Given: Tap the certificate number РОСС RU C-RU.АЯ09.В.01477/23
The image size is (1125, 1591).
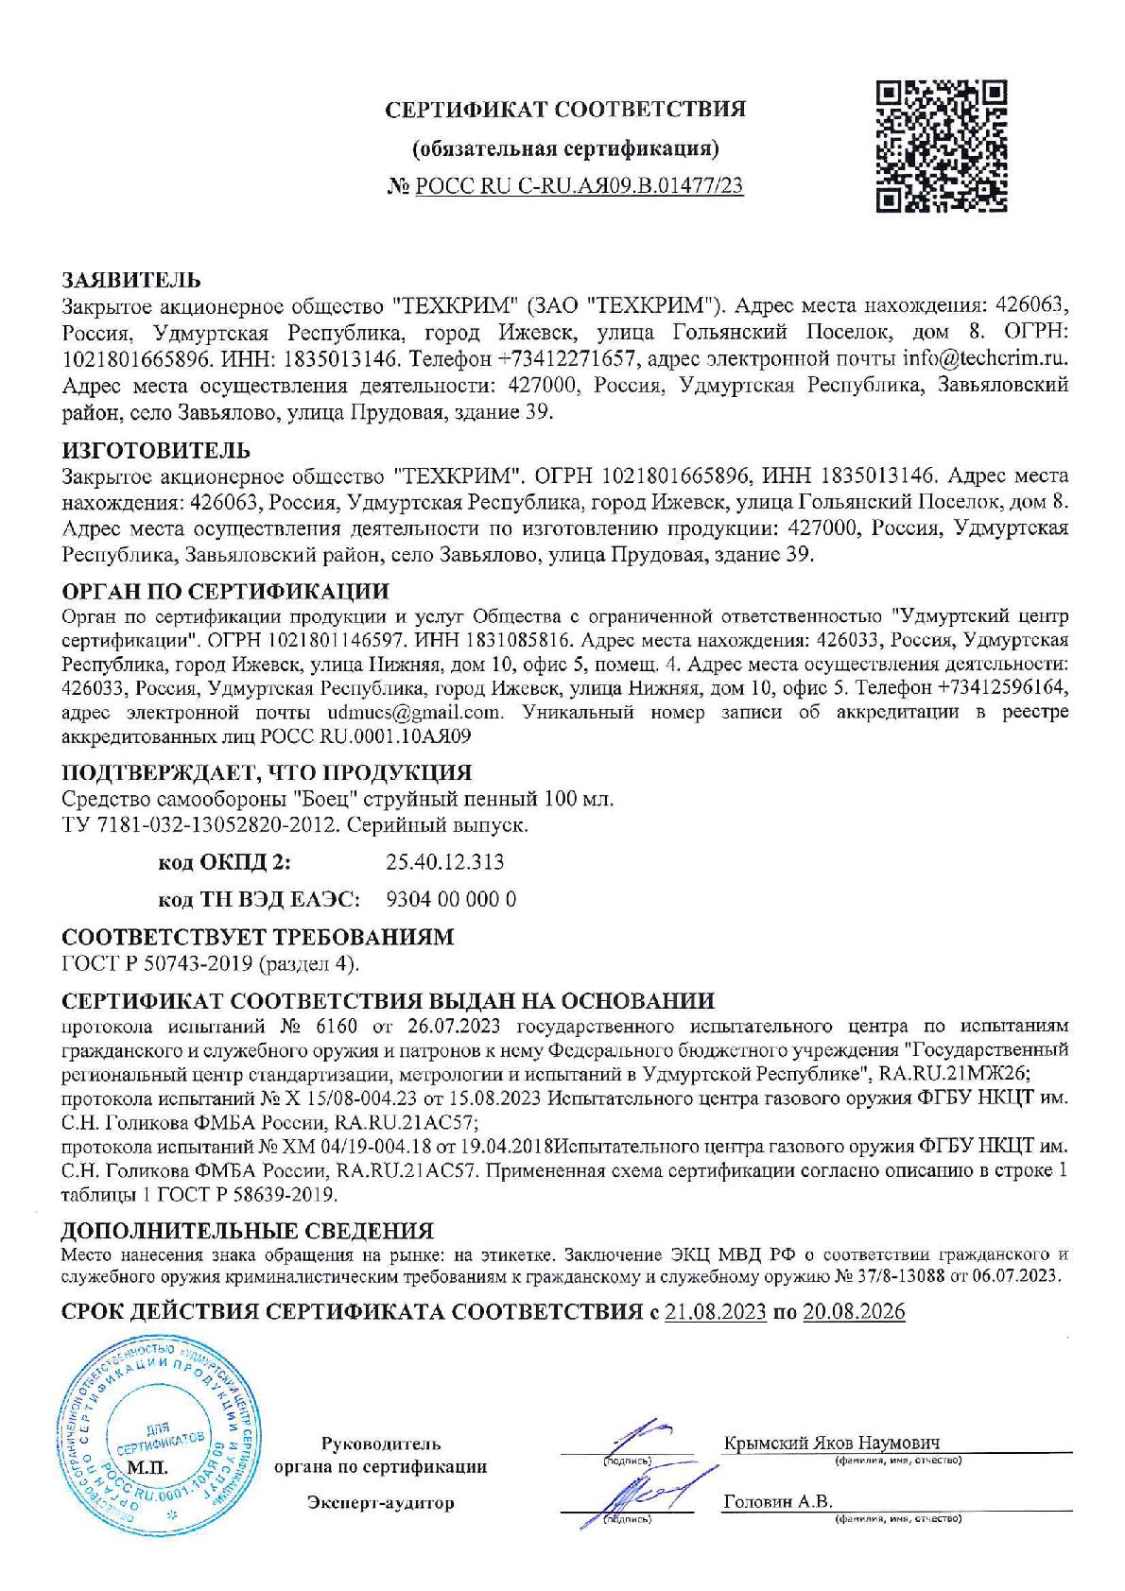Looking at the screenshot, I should [579, 186].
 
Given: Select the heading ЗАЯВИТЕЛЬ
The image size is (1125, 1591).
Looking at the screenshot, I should [130, 281].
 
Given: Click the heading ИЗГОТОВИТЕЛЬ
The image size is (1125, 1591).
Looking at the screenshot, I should [156, 449].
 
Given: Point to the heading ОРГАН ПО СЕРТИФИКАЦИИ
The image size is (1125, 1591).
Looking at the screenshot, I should [225, 592].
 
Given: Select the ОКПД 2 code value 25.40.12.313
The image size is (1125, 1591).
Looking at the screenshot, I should [444, 862].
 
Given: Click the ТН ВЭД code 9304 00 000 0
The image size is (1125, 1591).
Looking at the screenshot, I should [452, 899].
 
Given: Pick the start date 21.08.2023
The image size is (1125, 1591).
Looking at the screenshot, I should [715, 1312].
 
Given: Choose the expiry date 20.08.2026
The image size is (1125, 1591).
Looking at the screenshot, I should [853, 1312].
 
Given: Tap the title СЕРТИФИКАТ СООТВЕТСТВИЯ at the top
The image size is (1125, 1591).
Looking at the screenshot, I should [565, 109].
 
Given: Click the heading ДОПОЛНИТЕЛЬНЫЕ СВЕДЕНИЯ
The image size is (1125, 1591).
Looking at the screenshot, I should [247, 1231].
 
